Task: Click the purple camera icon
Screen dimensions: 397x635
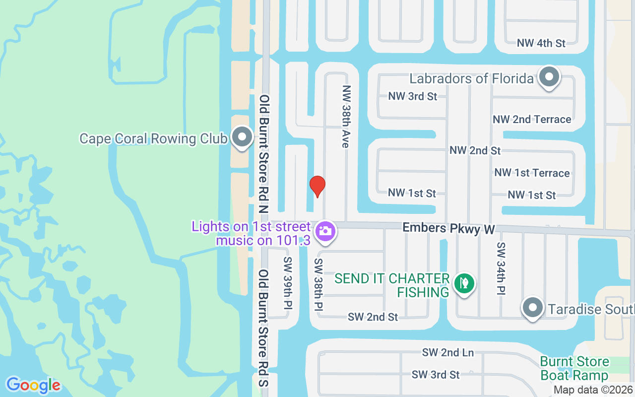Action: coord(325,231)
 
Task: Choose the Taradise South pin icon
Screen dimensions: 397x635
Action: coord(533,308)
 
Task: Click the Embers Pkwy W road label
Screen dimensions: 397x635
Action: coord(448,228)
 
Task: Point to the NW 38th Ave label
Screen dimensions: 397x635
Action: coord(346,116)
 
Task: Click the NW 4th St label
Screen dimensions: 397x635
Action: coord(541,43)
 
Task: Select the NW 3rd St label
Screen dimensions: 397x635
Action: coord(412,96)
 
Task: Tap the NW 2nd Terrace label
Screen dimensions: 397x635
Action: coord(532,120)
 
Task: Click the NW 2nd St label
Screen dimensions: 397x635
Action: coord(475,150)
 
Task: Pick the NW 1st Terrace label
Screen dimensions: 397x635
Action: coord(532,173)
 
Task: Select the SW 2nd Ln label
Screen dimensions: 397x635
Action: coord(448,353)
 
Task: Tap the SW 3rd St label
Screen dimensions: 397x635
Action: coord(436,375)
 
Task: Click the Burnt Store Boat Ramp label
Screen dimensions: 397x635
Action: coord(574,368)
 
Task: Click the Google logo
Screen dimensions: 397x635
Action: coord(33,385)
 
